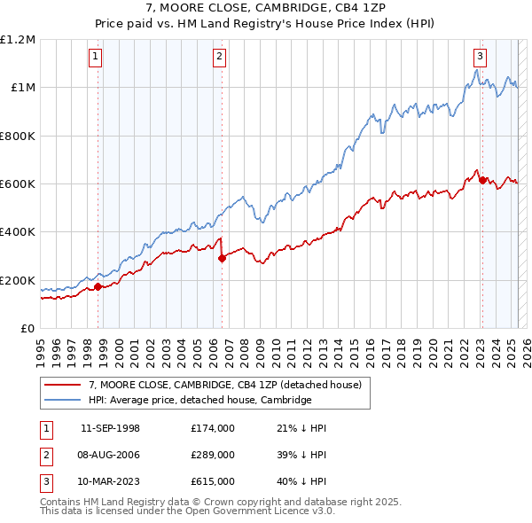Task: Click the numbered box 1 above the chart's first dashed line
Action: (96, 58)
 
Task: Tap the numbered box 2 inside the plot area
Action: (220, 58)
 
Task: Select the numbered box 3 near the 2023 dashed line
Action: (480, 58)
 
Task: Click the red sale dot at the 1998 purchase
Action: (98, 287)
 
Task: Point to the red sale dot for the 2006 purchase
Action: (222, 259)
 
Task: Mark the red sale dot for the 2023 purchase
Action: (482, 181)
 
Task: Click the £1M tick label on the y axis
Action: (23, 88)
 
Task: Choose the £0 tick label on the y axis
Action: (27, 329)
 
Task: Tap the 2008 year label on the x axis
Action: (245, 354)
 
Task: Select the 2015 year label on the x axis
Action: (354, 354)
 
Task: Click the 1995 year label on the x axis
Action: (41, 354)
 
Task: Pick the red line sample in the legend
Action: (63, 385)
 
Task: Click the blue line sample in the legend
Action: (63, 400)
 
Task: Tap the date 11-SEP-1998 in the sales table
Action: (110, 428)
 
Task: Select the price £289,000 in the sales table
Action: (213, 455)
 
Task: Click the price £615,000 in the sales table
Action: (213, 481)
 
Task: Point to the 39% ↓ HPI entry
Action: (301, 455)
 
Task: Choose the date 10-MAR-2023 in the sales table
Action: (108, 481)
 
